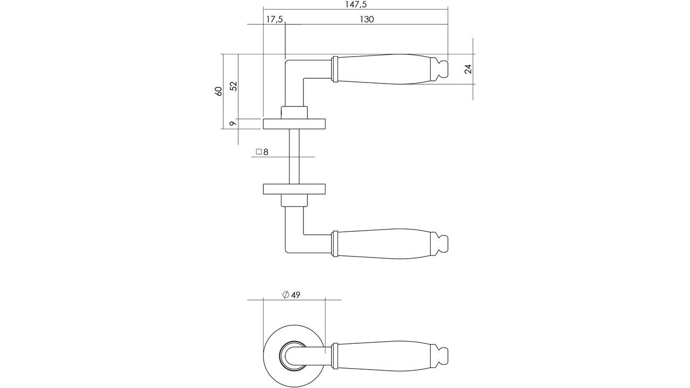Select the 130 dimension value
(366, 19)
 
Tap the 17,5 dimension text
(274, 19)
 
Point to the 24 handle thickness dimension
(468, 69)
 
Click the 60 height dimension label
(218, 91)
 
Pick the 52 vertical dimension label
(233, 86)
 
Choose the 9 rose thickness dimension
(233, 123)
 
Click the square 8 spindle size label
(262, 152)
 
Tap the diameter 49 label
(291, 295)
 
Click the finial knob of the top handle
(440, 69)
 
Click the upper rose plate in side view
(294, 124)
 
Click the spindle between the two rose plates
(294, 156)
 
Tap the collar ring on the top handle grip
(334, 69)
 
